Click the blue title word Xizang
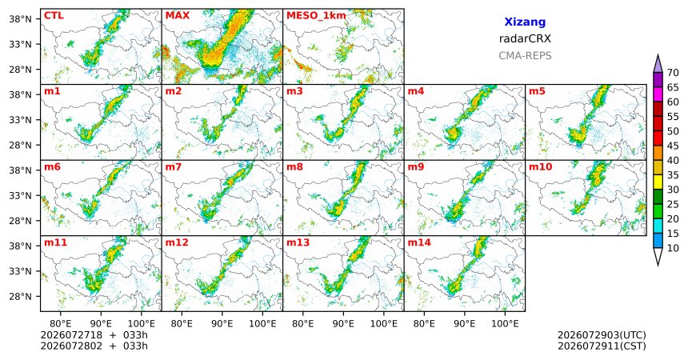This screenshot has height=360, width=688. click(525, 22)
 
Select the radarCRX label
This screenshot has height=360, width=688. click(525, 38)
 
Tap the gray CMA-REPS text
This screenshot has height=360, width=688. click(525, 56)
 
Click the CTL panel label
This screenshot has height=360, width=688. click(54, 16)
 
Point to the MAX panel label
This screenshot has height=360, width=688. click(178, 16)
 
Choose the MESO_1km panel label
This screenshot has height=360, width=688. click(316, 16)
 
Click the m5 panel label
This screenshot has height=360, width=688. click(537, 91)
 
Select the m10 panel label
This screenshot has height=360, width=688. click(540, 167)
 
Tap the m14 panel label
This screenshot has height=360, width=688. click(419, 242)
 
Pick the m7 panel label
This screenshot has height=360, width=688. click(174, 167)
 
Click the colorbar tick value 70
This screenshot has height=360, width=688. click(673, 73)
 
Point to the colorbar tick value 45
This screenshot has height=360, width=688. click(673, 146)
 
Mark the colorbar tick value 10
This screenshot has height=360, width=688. click(673, 248)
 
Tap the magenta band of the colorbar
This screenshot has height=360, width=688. click(658, 94)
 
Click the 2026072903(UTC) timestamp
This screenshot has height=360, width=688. click(602, 335)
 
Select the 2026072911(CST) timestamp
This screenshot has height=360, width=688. click(602, 346)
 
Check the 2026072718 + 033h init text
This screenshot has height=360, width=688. click(94, 335)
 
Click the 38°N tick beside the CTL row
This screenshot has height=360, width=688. click(20, 19)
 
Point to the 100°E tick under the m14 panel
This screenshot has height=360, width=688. click(505, 324)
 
